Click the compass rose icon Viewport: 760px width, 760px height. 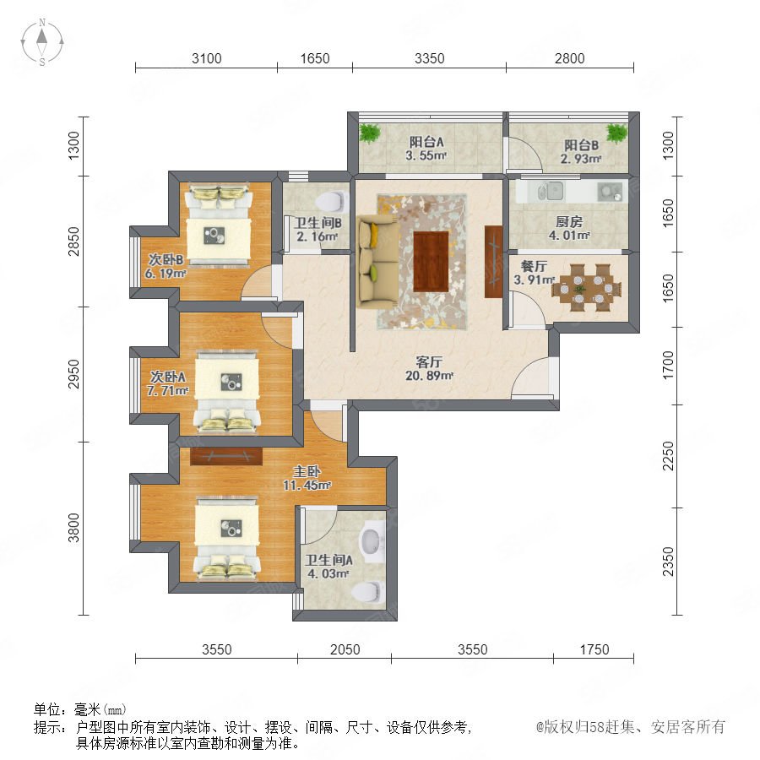[42, 42]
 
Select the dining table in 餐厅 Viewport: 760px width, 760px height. [587, 288]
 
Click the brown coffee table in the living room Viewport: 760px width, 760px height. [431, 261]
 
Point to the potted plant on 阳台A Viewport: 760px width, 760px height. [370, 133]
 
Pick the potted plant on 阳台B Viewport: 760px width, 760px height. [617, 133]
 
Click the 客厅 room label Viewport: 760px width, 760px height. [429, 361]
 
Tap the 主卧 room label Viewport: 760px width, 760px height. [307, 471]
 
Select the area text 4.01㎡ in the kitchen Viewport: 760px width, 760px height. [569, 236]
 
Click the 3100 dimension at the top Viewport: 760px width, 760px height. [207, 58]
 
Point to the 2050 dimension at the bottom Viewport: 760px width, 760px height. [345, 649]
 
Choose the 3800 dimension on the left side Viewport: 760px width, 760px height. [73, 528]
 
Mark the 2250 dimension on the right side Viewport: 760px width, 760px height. [669, 456]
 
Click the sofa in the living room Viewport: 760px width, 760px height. [378, 263]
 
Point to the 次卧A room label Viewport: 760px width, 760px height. [168, 377]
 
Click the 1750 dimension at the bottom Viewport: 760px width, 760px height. [594, 649]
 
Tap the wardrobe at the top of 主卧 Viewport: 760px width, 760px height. [226, 456]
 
